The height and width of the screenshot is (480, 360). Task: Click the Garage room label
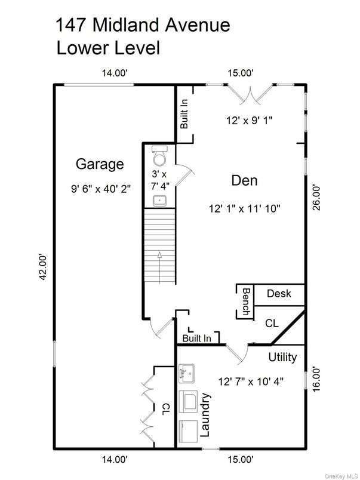coord(100,164)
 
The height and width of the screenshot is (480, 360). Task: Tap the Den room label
coord(244,179)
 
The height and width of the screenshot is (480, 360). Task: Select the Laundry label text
coord(207,416)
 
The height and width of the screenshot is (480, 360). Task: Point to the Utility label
coord(282,358)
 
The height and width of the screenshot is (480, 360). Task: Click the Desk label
coord(278,294)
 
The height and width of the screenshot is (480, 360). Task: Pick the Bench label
coord(245,301)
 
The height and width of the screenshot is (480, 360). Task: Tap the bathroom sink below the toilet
coord(159,199)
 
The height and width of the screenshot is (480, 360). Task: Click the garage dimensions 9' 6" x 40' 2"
coord(100,187)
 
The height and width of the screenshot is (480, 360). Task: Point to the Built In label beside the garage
coord(184,114)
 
